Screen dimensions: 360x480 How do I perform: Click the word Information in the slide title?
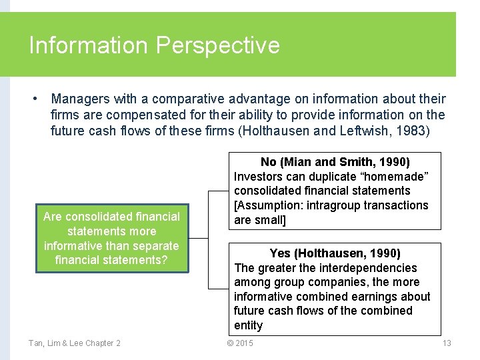click(x=88, y=45)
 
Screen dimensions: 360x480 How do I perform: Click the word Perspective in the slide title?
click(x=217, y=45)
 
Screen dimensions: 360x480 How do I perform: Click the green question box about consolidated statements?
click(x=111, y=238)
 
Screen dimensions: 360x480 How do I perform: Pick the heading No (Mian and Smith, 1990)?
click(x=335, y=162)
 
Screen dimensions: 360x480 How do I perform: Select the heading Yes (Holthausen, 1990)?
click(x=335, y=253)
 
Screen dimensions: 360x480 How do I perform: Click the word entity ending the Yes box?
click(x=248, y=325)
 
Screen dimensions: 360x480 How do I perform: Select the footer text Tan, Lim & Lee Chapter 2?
click(x=75, y=343)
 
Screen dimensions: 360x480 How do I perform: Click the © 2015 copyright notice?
click(x=240, y=343)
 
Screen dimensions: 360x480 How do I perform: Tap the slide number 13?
click(x=447, y=343)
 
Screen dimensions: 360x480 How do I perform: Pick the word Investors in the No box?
click(x=257, y=177)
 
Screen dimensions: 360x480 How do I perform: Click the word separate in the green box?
click(x=157, y=245)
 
